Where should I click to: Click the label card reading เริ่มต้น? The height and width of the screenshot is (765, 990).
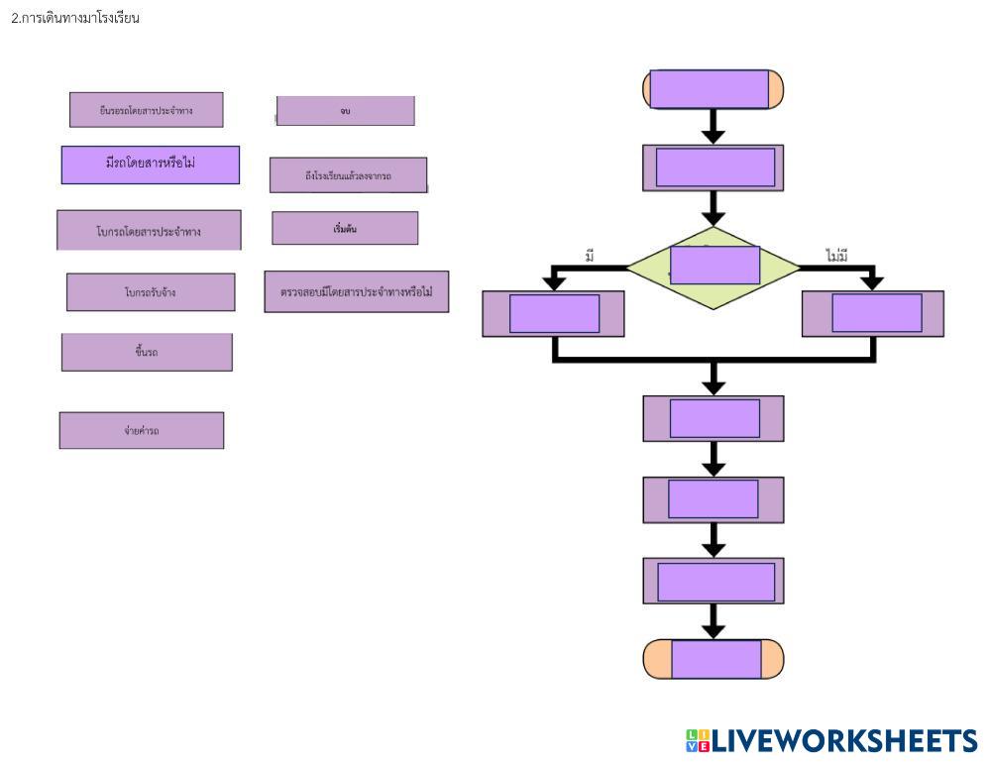coord(345,228)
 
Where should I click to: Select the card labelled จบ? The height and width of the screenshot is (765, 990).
coord(345,111)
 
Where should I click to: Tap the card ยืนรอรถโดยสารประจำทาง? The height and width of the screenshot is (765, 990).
coord(146,110)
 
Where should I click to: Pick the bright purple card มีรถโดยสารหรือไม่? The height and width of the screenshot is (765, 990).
coord(150,164)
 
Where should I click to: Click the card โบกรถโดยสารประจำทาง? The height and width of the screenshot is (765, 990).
coord(149,231)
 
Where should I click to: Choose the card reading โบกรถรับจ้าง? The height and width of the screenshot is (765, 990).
coord(151,292)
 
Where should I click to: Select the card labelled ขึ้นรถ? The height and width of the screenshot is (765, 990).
coord(147,352)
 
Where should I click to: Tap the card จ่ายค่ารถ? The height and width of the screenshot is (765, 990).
coord(142,430)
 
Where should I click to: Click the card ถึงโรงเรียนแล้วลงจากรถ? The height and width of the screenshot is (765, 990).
coord(348,175)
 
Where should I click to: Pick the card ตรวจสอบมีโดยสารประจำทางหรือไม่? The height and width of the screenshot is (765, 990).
coord(356,292)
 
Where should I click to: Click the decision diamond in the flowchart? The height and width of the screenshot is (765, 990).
coord(714,267)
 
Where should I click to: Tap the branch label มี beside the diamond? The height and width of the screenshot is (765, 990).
coord(590,257)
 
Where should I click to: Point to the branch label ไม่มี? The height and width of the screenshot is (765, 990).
coord(837,257)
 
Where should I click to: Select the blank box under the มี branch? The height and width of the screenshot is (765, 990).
coord(554,313)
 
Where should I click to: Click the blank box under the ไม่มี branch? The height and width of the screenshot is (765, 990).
coord(873,313)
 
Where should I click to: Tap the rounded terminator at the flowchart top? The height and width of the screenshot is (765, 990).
coord(714,89)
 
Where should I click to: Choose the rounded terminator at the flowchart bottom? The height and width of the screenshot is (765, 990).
coord(714,659)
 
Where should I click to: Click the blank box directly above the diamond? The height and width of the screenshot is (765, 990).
coord(714,167)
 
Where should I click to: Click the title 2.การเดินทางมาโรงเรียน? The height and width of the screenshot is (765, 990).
coord(75,18)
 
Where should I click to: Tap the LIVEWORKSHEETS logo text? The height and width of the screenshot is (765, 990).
coord(832,741)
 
